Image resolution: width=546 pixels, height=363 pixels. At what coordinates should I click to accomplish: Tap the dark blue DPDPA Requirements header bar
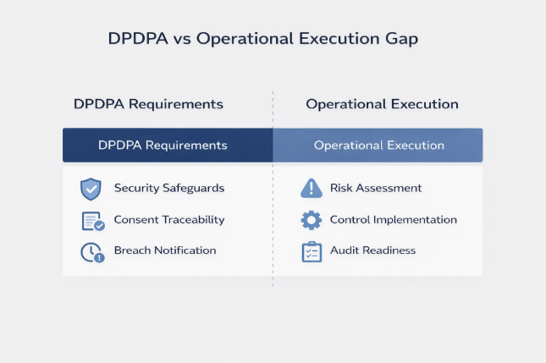point(168,145)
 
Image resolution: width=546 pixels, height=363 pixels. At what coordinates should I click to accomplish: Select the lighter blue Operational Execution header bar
point(378,145)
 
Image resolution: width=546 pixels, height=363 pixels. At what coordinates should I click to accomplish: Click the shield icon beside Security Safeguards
point(91,188)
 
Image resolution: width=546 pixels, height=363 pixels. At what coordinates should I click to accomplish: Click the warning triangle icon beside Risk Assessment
point(312,188)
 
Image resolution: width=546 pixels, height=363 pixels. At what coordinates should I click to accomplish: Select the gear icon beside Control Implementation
point(312,220)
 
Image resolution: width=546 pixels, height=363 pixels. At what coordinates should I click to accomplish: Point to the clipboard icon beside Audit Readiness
point(312,251)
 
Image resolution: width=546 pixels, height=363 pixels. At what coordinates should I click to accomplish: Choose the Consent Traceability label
point(169,220)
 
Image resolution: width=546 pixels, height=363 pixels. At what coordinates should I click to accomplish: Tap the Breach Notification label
point(165,251)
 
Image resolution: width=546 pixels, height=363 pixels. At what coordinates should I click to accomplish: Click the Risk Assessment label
point(376,188)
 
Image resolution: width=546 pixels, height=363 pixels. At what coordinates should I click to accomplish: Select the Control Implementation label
point(394,220)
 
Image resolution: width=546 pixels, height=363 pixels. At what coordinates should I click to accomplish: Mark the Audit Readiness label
point(372,251)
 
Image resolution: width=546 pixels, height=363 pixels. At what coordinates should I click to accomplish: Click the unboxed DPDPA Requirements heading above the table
point(148,105)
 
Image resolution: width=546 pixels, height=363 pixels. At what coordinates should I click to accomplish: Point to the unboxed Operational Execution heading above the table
point(383,105)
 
